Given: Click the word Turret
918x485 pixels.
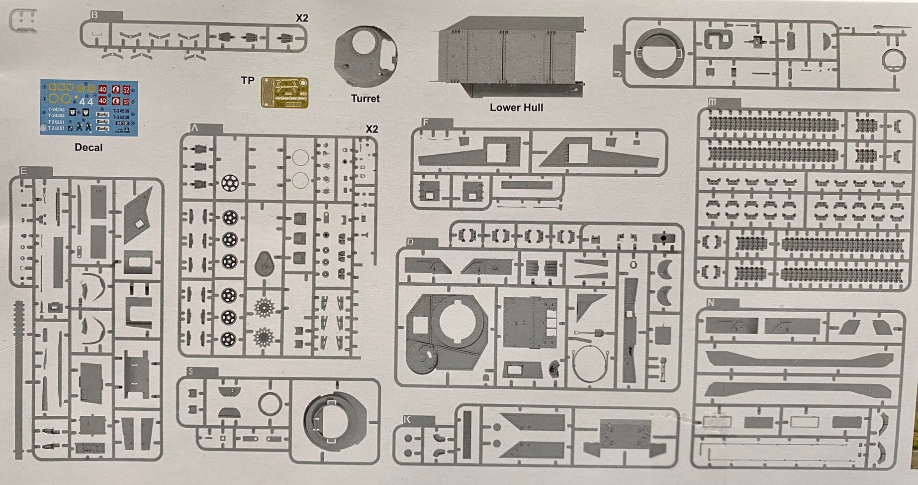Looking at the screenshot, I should [x=365, y=99].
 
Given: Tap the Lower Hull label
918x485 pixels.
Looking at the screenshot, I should [x=516, y=108].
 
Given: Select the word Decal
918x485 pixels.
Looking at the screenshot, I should [x=89, y=147].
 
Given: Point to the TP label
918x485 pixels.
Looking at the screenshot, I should [x=248, y=81].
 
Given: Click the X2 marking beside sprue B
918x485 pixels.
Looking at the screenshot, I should [x=302, y=18].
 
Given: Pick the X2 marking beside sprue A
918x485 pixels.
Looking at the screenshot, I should [x=371, y=129].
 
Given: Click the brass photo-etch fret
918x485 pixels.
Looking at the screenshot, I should [x=284, y=92].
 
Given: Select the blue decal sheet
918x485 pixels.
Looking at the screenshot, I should [x=89, y=108].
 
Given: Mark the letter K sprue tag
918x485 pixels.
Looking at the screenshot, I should [x=407, y=420].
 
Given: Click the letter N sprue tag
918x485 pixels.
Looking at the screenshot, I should [x=710, y=303].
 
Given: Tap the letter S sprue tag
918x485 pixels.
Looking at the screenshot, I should [x=191, y=371].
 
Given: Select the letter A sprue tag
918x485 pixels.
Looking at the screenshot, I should [x=194, y=128].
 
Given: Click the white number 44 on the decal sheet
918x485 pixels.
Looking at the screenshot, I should [x=86, y=102].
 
